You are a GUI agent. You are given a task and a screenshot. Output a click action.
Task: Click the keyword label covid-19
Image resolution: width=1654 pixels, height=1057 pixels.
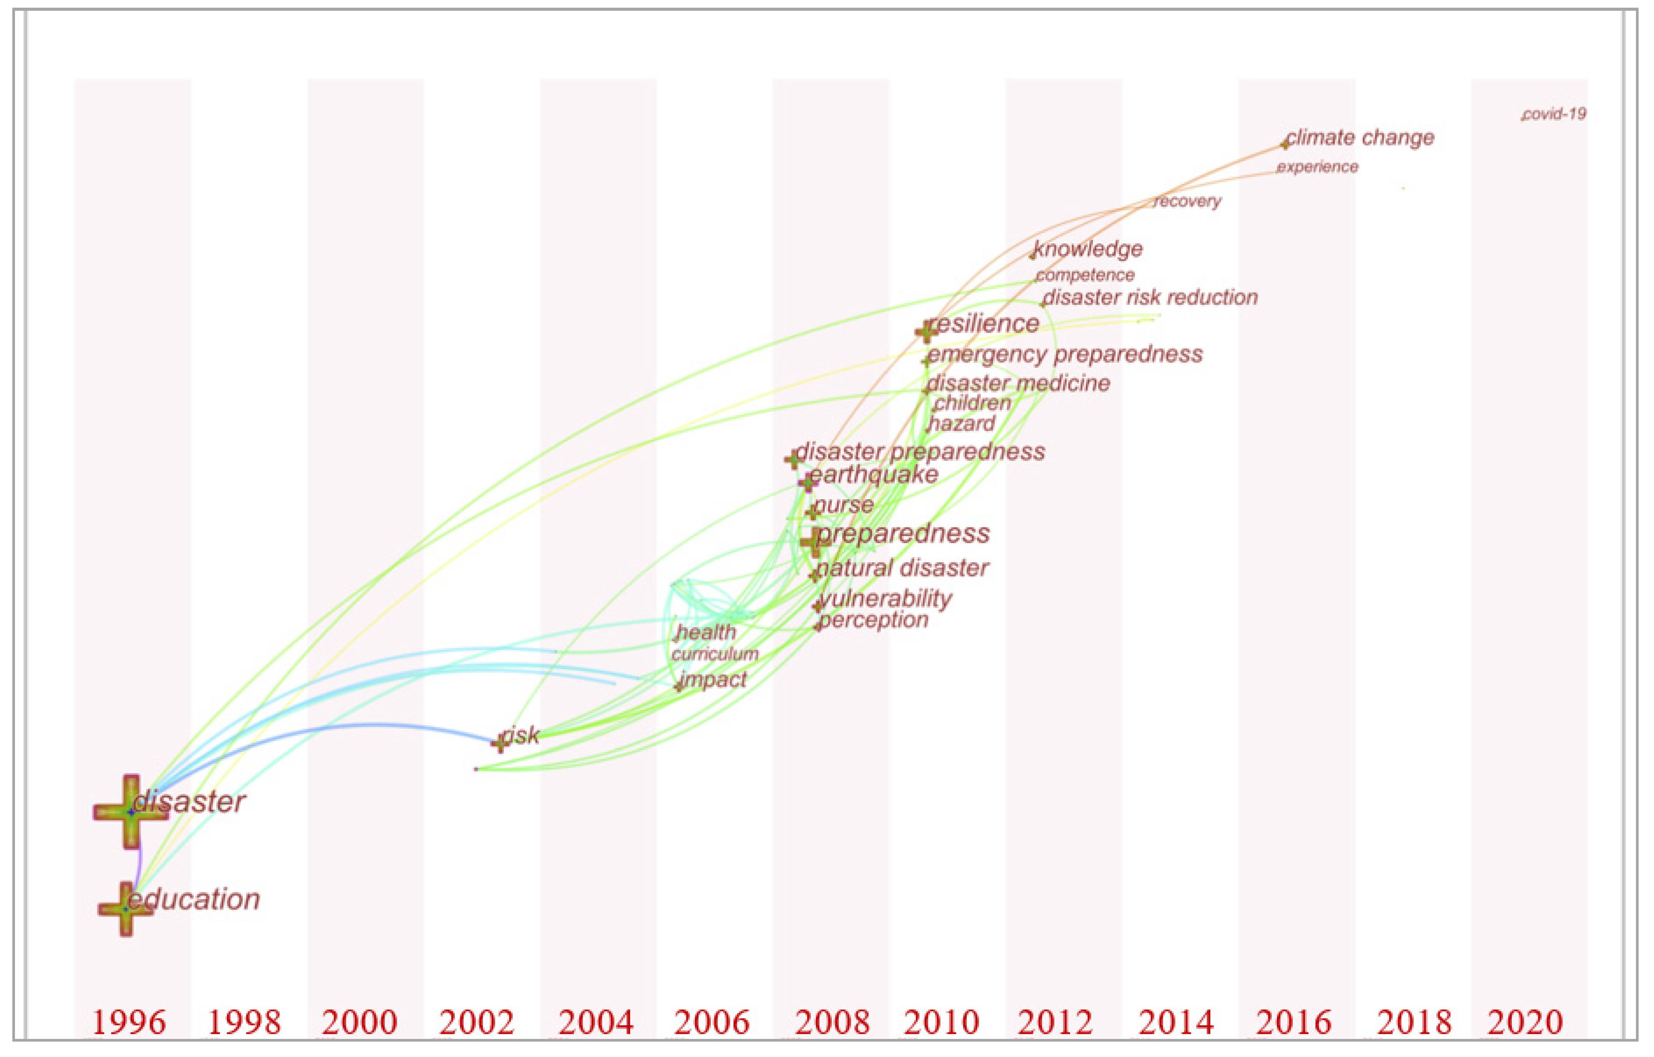coord(1554,114)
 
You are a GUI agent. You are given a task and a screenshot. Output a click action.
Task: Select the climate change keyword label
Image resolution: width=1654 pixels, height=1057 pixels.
coord(1360,138)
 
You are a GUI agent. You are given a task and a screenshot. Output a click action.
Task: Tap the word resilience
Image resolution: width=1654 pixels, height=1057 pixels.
coord(984,324)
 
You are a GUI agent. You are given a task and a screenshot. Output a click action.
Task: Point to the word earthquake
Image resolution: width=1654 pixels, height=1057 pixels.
coord(874,475)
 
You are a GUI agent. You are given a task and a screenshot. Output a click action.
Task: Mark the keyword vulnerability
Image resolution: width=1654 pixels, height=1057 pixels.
coord(886,599)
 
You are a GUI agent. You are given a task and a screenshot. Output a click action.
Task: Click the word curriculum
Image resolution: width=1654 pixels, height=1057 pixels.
coord(715,654)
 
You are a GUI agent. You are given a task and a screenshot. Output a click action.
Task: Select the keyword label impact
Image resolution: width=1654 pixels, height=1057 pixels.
coord(714,680)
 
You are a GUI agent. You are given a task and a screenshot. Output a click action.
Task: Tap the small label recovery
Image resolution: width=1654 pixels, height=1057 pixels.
coord(1188,201)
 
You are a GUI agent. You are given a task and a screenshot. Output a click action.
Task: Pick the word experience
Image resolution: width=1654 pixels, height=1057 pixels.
coord(1317,167)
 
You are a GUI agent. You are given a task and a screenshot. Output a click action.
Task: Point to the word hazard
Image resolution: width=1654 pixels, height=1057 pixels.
coord(962,424)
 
